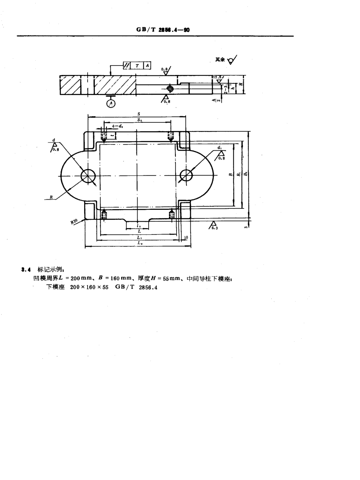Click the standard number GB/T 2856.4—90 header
163,30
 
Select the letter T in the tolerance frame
137,66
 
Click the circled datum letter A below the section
111,103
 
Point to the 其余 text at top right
220,59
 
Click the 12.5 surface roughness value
218,77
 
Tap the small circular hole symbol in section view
170,88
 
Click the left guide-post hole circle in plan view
88,175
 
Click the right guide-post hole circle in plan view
186,175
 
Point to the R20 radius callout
74,221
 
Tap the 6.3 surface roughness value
215,228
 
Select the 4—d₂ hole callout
117,126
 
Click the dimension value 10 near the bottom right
185,237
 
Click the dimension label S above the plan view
138,114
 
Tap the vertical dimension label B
230,175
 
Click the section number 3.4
26,269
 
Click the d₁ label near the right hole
220,147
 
